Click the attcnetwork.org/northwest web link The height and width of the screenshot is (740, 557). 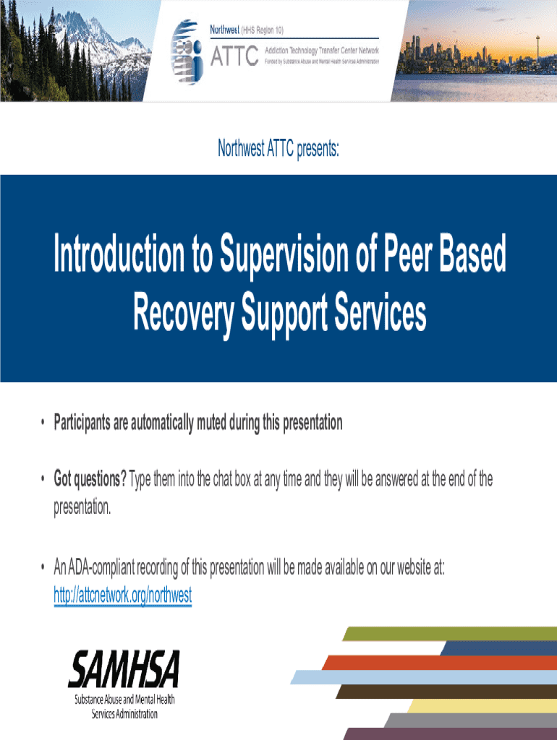(123, 596)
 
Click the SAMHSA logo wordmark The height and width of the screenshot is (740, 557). (124, 668)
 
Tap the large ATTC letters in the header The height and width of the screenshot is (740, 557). (234, 55)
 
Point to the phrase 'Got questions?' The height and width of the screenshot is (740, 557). (90, 478)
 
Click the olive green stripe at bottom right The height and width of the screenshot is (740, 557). (448, 634)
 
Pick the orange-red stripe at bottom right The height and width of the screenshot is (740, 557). (434, 662)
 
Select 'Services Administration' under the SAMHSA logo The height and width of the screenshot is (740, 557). (124, 714)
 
